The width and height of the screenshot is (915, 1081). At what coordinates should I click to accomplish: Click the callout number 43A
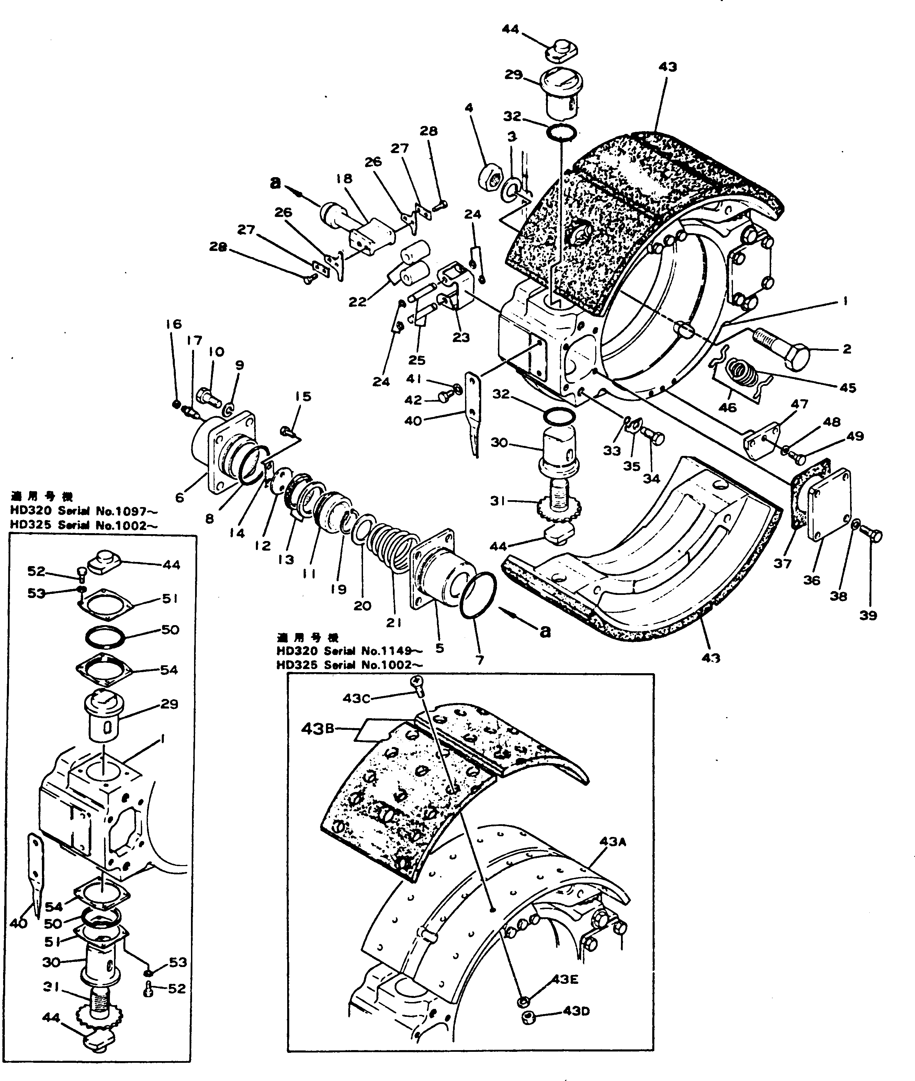coord(613,841)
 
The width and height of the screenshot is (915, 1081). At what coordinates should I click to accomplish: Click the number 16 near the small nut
coord(174,324)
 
